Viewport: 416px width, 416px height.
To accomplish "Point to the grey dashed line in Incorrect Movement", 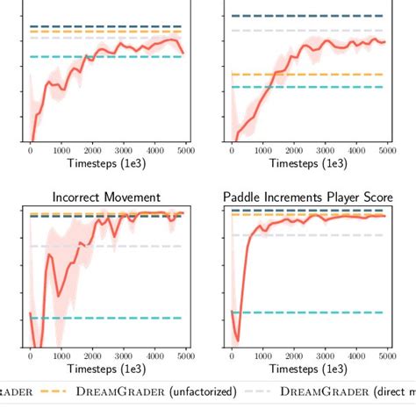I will point(132,246).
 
